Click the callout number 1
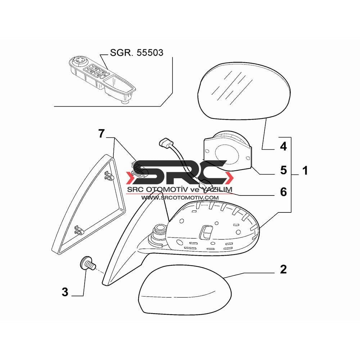pos(305,171)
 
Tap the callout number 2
pos(283,269)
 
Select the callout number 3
pos(65,292)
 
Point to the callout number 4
pos(284,146)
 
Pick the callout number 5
pos(284,170)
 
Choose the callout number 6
pos(284,192)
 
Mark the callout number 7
pos(102,134)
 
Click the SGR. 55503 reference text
pos(136,53)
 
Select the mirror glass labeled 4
pos(244,90)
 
